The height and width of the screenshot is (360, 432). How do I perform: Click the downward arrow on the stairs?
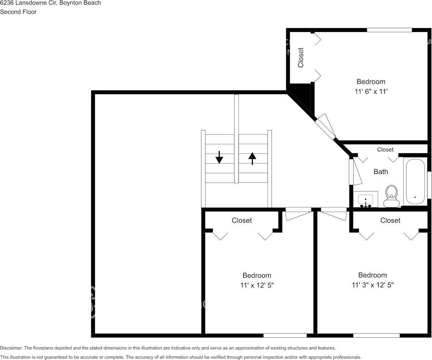coord(219,157)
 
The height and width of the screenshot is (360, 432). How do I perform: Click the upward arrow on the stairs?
coord(252,158)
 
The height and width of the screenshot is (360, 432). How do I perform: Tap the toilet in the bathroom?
coord(391,196)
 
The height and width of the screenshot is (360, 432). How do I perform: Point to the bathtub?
coord(415,182)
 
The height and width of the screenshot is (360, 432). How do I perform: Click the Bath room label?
coord(381,172)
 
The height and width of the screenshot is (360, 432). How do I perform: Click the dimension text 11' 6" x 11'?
coord(370,91)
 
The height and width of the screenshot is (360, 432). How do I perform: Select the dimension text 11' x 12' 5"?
coord(257,285)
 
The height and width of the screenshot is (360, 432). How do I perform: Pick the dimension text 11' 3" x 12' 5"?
coord(372,285)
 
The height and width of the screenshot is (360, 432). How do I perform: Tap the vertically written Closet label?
coord(301,57)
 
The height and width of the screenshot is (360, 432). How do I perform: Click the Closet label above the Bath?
coord(385,150)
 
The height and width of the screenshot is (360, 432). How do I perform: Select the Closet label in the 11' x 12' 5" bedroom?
coord(242,220)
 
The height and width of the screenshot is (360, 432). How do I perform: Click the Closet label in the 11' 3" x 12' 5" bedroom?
coord(390,220)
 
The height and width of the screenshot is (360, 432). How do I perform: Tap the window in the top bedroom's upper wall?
coord(389,30)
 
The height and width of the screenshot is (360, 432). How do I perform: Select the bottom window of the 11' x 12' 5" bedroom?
coord(285,335)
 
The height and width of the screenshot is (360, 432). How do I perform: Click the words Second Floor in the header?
coord(18,12)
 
